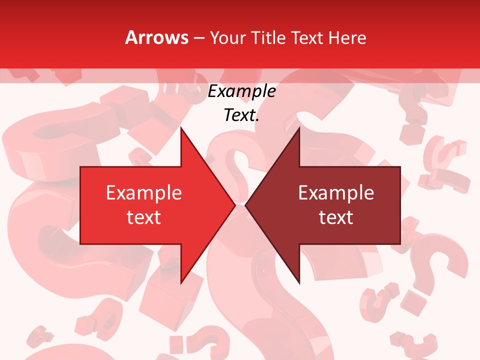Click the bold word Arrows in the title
click(157, 37)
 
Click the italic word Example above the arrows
click(241, 91)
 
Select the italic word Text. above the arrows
click(241, 115)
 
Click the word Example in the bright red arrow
click(144, 193)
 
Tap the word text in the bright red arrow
click(144, 217)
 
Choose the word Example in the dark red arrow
click(336, 193)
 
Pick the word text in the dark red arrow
click(336, 217)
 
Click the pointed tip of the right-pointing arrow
click(235, 205)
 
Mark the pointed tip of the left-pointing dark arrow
click(245, 205)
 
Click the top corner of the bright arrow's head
click(181, 127)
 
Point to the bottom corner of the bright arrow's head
click(181, 283)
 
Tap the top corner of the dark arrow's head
click(299, 127)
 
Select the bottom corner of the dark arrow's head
click(299, 283)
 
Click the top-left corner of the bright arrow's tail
click(80, 166)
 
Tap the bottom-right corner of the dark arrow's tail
click(400, 244)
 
